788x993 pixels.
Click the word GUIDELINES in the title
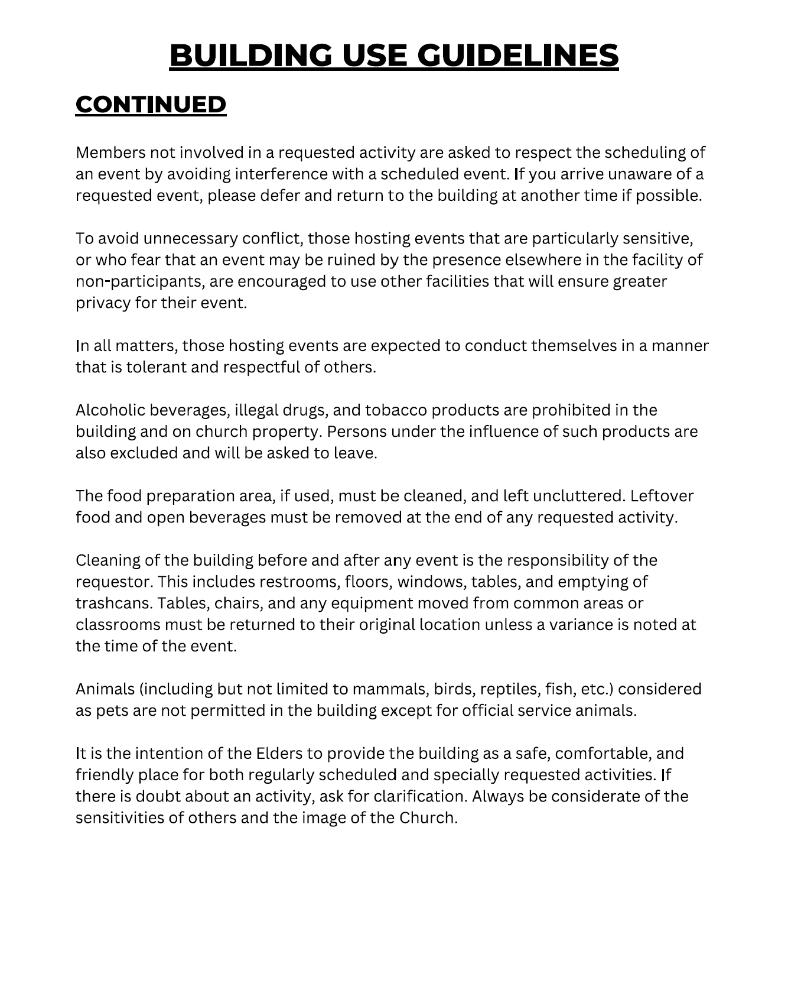[518, 56]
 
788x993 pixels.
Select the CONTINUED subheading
[151, 105]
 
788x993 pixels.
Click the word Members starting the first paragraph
[110, 152]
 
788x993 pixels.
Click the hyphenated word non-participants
[139, 281]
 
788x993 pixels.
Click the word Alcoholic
[110, 410]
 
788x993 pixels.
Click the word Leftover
[662, 496]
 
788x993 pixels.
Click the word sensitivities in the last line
[122, 818]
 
